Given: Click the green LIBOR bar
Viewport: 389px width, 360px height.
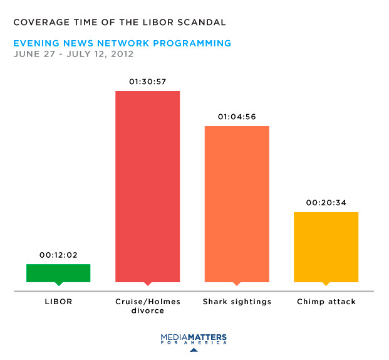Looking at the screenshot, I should pos(58,273).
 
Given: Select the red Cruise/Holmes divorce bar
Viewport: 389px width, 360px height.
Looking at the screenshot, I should pos(148,186).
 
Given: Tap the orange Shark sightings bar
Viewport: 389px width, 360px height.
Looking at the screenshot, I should pos(237,204).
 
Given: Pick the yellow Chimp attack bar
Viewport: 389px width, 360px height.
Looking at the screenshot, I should pos(326,246).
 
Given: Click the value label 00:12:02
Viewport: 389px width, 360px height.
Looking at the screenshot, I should pos(58,255).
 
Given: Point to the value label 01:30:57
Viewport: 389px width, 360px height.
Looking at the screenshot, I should pos(148,82).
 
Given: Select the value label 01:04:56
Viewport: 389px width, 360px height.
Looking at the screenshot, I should pos(237,117).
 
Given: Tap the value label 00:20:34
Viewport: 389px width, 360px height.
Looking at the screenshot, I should pos(326,203).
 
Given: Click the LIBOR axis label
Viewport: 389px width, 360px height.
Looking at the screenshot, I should pos(58,302).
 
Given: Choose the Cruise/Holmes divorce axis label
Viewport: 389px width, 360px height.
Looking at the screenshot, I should pos(148,306).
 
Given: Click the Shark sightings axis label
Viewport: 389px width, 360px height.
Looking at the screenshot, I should pos(237,302).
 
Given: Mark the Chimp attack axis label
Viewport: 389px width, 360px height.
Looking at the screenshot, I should pos(326,302).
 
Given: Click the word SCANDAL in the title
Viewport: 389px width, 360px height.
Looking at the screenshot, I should pos(202,23).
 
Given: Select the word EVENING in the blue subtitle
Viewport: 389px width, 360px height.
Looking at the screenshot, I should pos(35,43).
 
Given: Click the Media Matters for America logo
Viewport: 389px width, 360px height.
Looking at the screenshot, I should pos(194,339).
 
